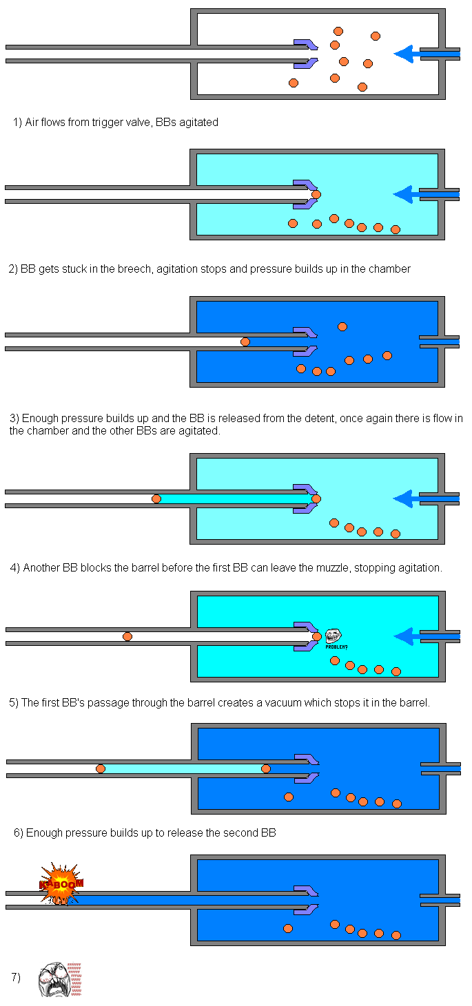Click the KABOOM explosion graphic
(x=61, y=883)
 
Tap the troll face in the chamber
(x=334, y=636)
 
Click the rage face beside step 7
(x=54, y=978)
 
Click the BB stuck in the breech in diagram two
(x=316, y=194)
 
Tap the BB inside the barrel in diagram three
(x=245, y=342)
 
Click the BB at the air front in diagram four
(x=156, y=499)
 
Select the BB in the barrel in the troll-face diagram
(x=127, y=636)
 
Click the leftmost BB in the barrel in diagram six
(x=101, y=768)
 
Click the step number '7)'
(x=16, y=977)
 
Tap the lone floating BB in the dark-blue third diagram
(x=342, y=326)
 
